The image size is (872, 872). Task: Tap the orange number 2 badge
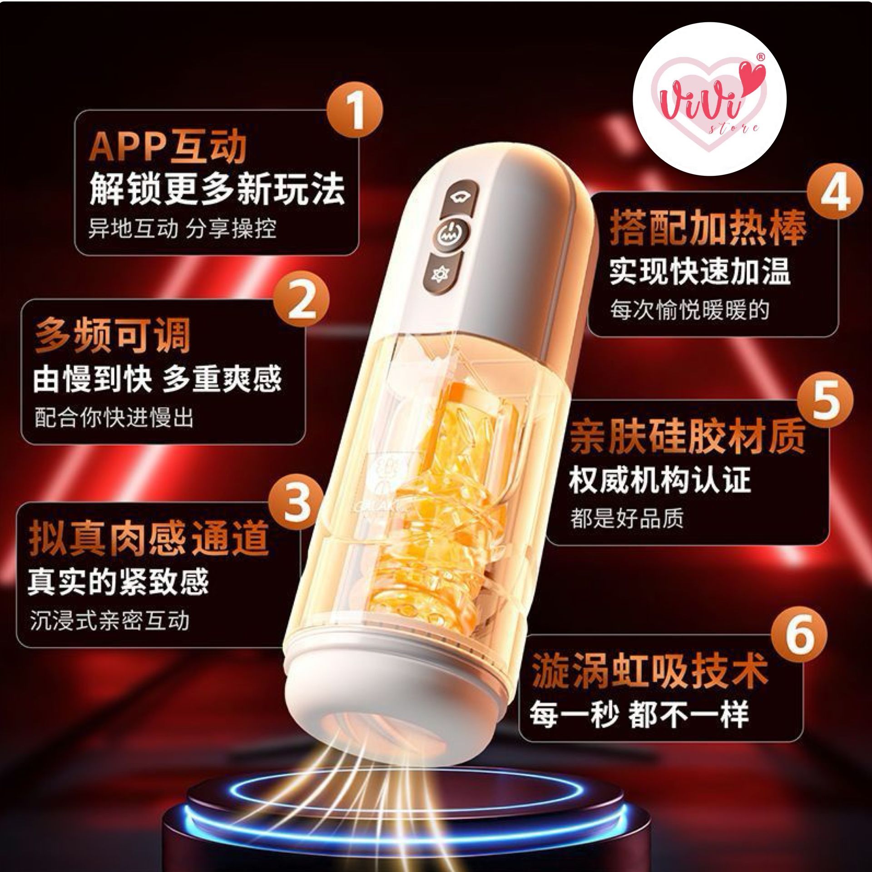(302, 300)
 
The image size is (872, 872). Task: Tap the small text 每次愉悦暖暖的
(689, 311)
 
